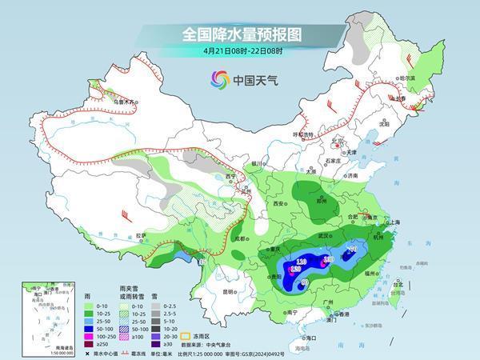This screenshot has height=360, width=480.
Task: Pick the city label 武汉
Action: (324, 235)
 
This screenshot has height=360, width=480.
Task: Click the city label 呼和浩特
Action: (302, 134)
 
